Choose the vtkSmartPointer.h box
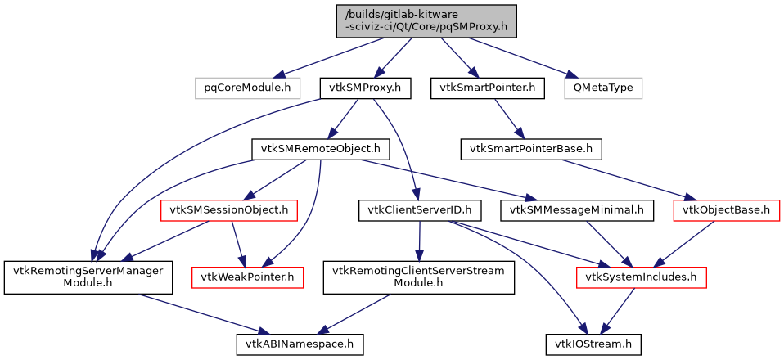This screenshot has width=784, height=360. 487,87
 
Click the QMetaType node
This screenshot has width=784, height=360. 603,87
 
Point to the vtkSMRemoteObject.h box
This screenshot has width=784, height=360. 320,149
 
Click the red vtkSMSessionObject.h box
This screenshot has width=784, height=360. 229,210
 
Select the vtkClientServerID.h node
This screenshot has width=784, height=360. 419,210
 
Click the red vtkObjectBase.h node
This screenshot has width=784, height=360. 725,210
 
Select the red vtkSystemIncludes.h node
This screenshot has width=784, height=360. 641,277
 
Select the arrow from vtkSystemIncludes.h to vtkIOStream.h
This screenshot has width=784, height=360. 616,311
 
